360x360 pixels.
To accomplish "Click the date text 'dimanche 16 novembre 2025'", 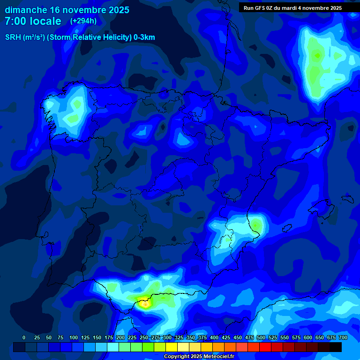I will coord(67,10).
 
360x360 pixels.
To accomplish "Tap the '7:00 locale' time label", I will coord(33,21).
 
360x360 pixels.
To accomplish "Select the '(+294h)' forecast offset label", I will coord(83,21).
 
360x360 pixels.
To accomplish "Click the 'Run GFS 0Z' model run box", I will coord(292,8).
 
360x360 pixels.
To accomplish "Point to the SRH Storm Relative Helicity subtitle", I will coord(80,37).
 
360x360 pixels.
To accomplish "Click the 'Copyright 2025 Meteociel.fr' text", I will coord(198,357).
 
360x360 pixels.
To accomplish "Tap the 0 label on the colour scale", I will coord(24,338).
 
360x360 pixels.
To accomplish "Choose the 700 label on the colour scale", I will coord(343,338).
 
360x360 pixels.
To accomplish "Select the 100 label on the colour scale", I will coord(73,338).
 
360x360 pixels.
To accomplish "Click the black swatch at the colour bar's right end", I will coord(336,347).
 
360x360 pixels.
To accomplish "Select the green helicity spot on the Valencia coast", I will coord(256,224).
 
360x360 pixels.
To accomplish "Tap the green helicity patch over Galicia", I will coord(73,117).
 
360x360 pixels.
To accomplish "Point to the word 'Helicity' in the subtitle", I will coord(115,37).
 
